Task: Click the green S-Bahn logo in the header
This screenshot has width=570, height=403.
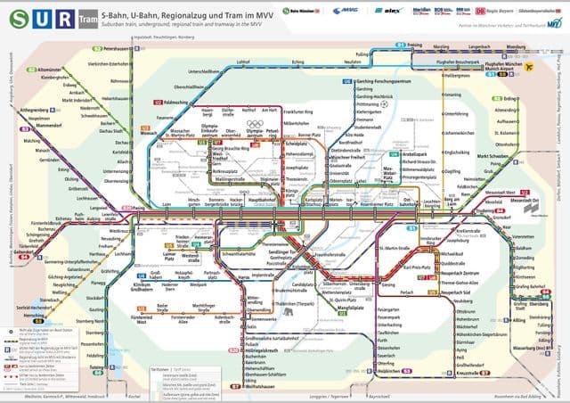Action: coord(16,17)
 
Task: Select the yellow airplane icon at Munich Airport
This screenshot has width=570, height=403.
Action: coord(528,66)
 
